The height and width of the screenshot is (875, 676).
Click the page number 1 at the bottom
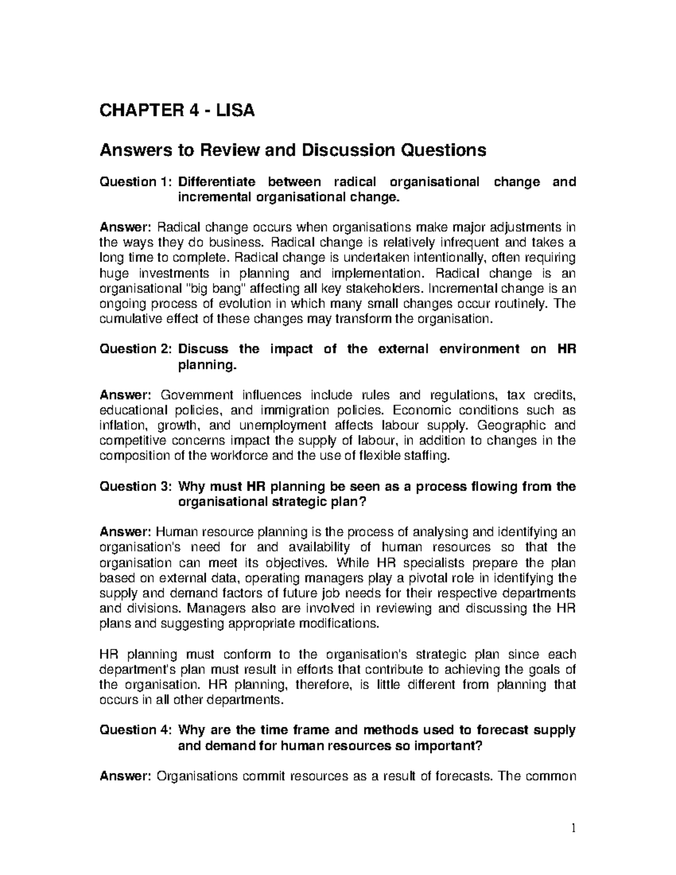573,829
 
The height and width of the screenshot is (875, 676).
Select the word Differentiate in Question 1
216,182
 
